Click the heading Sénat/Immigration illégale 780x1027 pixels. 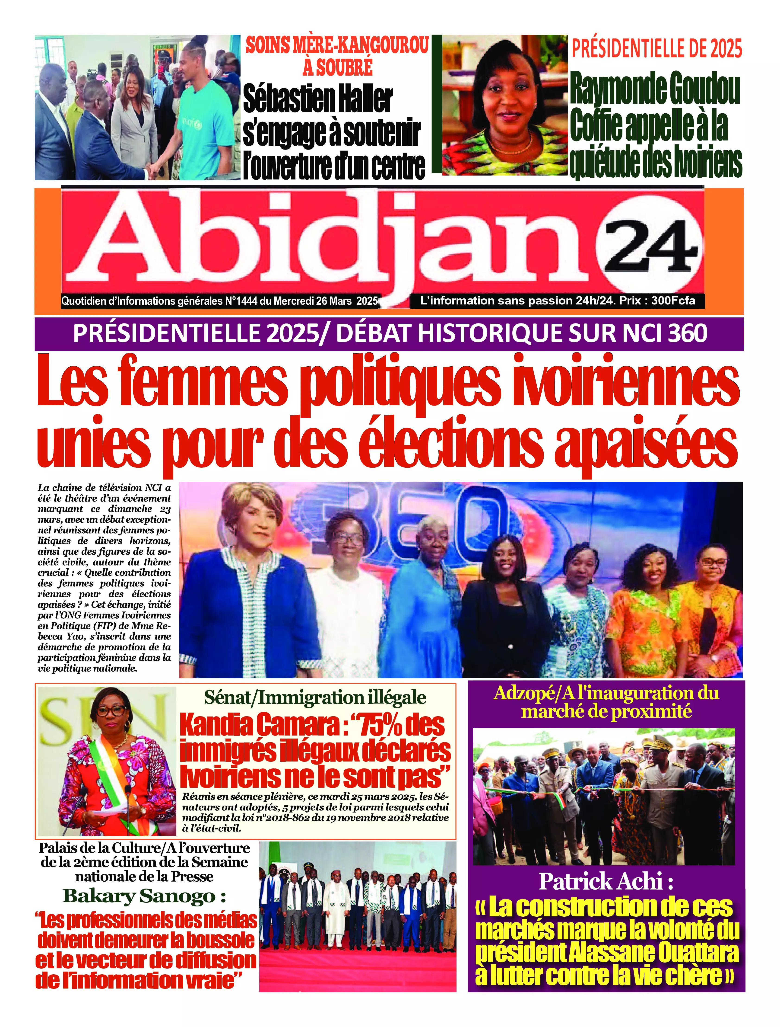(315, 698)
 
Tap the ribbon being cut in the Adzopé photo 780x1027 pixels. (604, 790)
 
